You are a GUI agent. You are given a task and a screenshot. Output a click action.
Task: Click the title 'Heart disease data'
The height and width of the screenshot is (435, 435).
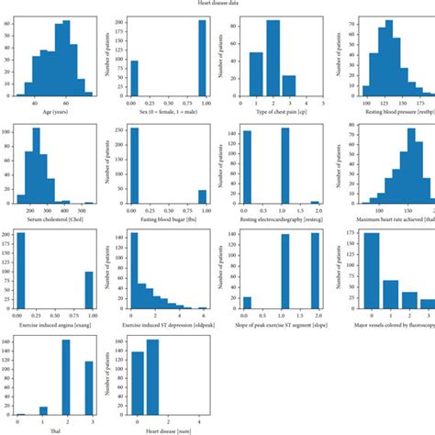pos(217,4)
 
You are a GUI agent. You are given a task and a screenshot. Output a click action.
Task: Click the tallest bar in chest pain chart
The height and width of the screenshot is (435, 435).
pos(273,59)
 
